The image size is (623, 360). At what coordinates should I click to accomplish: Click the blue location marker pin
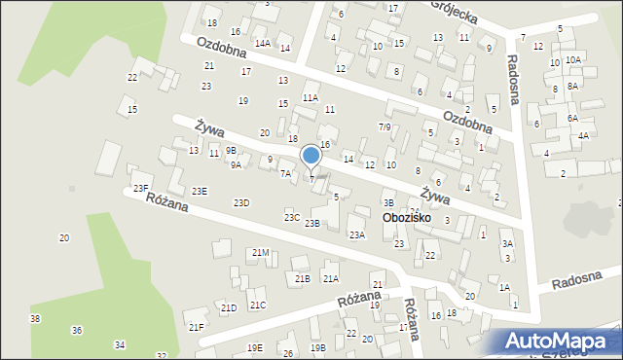tap(311, 156)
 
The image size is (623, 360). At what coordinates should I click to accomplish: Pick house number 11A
tap(311, 97)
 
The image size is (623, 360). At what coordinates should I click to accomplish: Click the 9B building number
tap(231, 150)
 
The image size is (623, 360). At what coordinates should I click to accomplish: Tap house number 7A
tap(285, 174)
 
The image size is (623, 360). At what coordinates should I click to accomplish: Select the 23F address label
tap(140, 187)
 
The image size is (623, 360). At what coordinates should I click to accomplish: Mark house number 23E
tap(199, 192)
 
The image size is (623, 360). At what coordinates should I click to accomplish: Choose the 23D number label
tap(241, 202)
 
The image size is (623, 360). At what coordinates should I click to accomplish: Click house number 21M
tap(260, 253)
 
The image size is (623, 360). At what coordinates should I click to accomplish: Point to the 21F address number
tap(196, 327)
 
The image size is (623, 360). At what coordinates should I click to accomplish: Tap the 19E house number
tap(254, 347)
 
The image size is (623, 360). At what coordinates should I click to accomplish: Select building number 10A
tap(573, 60)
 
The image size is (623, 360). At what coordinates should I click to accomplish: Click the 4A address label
tap(583, 136)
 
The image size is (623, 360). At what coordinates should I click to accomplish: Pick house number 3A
tap(506, 244)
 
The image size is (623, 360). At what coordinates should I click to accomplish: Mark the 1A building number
tap(504, 287)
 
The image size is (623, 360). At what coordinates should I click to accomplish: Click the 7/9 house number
tap(385, 127)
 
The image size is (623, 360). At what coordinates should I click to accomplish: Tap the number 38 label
tap(35, 319)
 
